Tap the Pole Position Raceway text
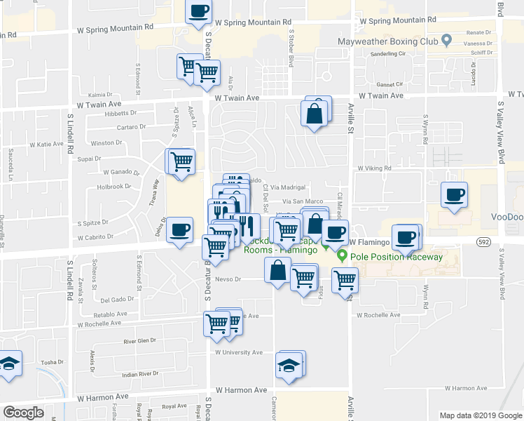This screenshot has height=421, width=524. tap(397, 257)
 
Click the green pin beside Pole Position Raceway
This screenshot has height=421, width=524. tap(342, 255)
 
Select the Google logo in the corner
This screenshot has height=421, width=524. tap(23, 413)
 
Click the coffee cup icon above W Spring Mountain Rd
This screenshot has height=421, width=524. tap(198, 11)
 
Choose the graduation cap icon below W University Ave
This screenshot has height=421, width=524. tap(289, 366)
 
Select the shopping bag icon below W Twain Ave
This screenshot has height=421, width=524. tap(315, 113)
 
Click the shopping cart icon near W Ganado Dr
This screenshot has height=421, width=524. tap(181, 162)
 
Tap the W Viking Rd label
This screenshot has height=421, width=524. tap(374, 168)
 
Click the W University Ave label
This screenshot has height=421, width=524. tap(239, 352)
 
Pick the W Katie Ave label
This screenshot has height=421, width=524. tap(46, 144)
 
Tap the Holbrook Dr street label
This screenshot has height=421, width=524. tap(114, 187)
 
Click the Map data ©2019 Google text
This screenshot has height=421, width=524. tap(481, 415)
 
